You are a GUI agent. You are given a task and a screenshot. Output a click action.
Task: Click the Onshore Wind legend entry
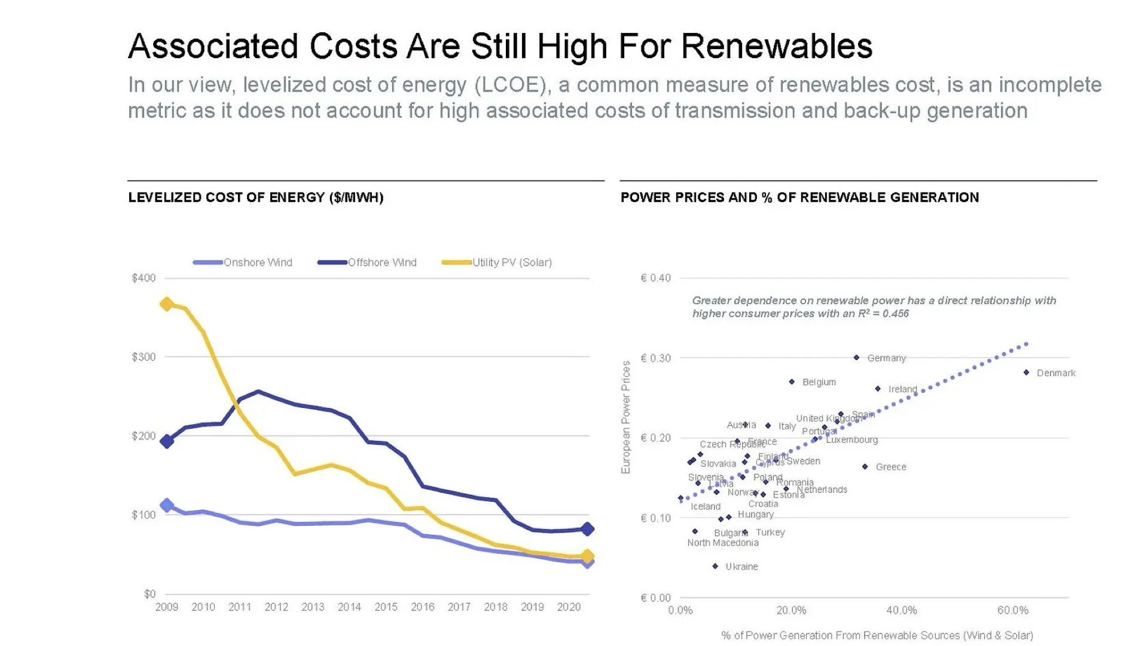coord(257,263)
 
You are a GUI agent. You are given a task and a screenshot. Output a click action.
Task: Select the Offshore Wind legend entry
coord(381,263)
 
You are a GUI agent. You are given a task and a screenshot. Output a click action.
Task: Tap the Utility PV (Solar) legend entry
coord(511,263)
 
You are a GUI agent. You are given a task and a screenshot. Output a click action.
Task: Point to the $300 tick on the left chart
coord(143,357)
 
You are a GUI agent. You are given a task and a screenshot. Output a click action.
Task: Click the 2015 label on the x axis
coord(386,607)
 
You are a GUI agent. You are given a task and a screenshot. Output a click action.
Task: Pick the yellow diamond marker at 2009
coord(167,304)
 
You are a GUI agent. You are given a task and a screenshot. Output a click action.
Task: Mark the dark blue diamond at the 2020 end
coord(587,529)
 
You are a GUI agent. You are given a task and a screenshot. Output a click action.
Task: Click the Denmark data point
coord(1027,373)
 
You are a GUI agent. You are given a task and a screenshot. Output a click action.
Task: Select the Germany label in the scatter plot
coord(886,358)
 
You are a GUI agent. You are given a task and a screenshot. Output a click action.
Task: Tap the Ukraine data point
coord(715,566)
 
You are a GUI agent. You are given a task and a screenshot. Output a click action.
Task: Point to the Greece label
coord(891,467)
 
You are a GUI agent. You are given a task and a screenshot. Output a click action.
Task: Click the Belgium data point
coord(792,382)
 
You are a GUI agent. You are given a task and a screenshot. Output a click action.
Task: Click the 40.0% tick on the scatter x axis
coord(902,611)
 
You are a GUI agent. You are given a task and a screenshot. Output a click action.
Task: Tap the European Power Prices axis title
coord(626,417)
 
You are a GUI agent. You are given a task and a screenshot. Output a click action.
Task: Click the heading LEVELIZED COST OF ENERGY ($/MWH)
coord(255,197)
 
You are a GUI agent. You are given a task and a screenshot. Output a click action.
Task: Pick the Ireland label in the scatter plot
coord(902,389)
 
